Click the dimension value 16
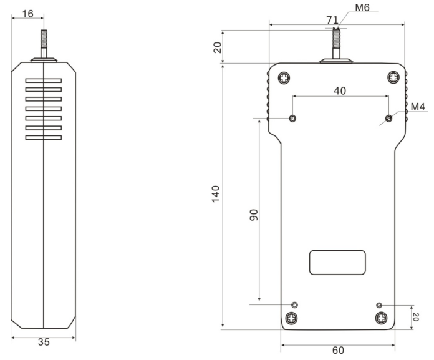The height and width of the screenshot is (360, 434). pos(27,12)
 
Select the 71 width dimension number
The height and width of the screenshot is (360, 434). pos(332,19)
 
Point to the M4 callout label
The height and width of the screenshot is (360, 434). pos(418,106)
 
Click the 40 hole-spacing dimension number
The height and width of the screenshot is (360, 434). pos(340,90)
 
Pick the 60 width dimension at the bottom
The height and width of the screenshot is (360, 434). pos(337,351)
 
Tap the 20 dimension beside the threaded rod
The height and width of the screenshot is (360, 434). pos(217,47)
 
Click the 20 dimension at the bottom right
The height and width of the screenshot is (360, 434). pos(416,317)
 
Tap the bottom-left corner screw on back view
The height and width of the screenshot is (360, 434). pos(292,318)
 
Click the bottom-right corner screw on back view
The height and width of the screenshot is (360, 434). pos(381,318)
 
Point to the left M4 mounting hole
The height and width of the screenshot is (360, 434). pos(293,118)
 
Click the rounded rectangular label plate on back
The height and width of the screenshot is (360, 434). pos(337,262)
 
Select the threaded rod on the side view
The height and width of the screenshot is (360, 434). pos(43,44)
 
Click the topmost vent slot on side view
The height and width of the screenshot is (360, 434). pos(43,80)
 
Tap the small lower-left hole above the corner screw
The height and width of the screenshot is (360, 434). pos(295,304)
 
